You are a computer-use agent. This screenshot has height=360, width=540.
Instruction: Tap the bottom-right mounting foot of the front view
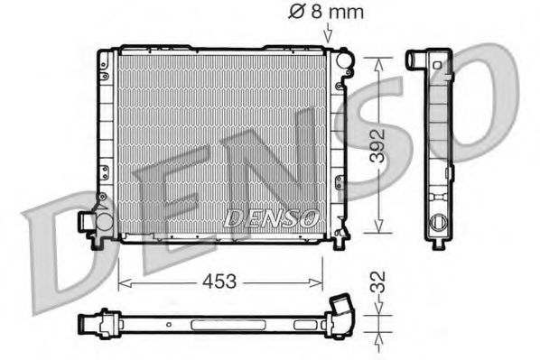point(340,241)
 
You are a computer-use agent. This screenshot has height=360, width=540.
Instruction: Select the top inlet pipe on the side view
point(417,60)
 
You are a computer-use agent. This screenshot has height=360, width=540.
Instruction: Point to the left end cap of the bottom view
point(86,319)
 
